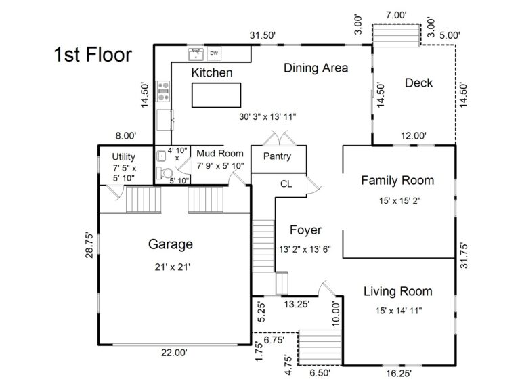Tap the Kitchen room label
pos(212,72)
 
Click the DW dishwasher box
pos(214,53)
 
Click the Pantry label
pos(277,156)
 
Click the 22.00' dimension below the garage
pos(174,352)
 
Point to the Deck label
pos(418,83)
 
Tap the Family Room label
pos(397,181)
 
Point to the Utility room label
pos(124,156)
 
